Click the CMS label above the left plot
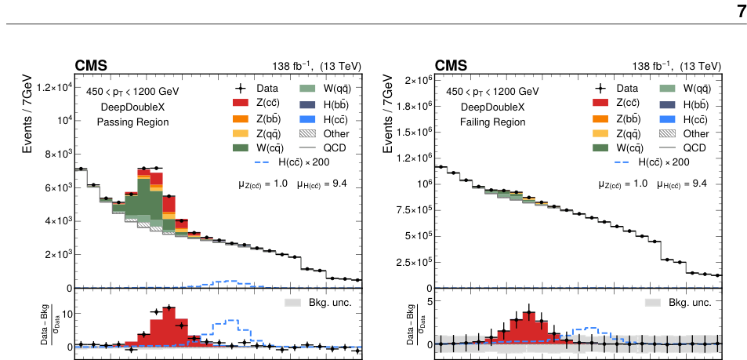point(91,65)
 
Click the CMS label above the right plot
point(451,65)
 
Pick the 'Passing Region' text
point(132,122)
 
